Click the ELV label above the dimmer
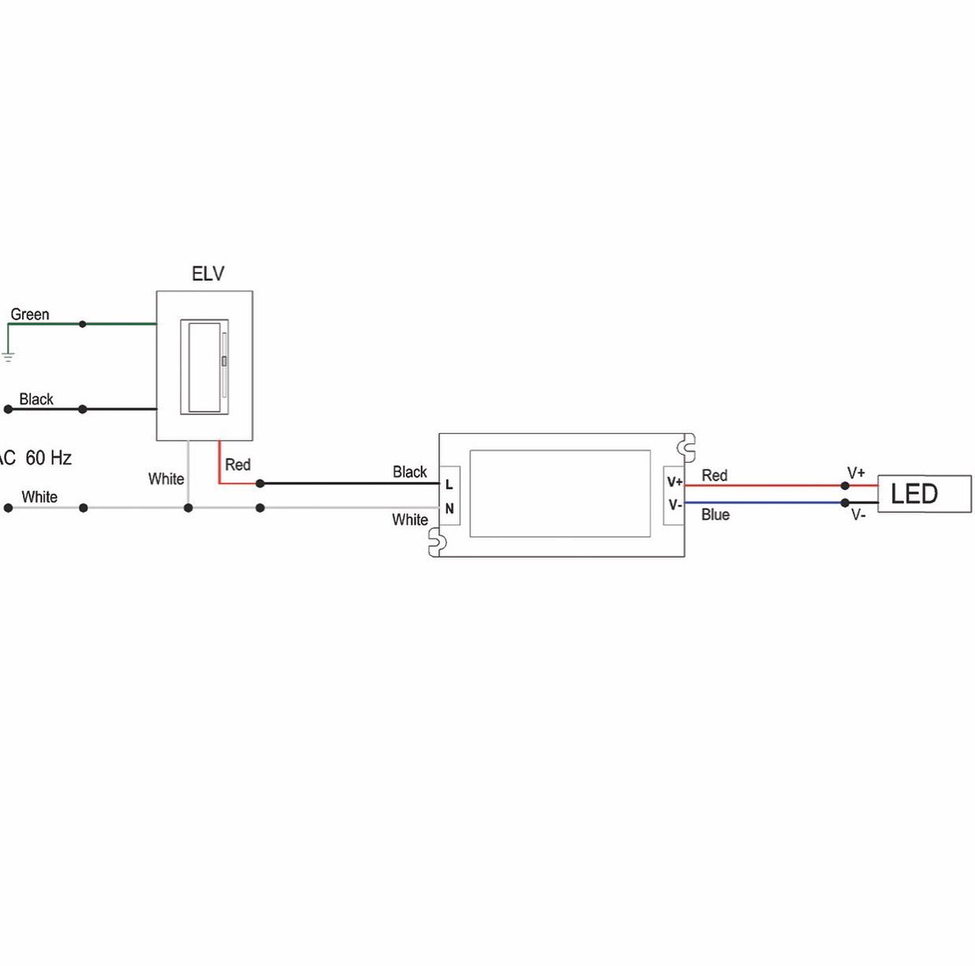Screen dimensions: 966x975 208,274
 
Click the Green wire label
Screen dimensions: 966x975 30,315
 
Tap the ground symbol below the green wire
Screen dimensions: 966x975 8,356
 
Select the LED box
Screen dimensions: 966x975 924,494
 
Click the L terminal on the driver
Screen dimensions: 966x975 449,484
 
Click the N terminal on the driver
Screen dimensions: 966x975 449,509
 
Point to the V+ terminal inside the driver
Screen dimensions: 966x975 675,482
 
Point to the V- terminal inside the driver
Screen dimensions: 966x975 675,505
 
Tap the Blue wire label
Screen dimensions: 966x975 716,515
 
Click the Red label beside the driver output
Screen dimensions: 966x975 714,476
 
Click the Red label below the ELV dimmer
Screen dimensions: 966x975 237,464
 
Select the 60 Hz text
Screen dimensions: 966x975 49,457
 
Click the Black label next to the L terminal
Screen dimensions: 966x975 410,472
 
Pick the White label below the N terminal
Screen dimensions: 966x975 410,520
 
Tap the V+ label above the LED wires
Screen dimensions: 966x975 856,473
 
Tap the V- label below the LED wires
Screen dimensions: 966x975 858,516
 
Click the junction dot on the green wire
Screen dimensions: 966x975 83,324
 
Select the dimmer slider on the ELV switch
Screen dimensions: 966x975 225,362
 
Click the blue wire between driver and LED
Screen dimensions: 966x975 765,502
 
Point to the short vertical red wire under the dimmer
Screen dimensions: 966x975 218,461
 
